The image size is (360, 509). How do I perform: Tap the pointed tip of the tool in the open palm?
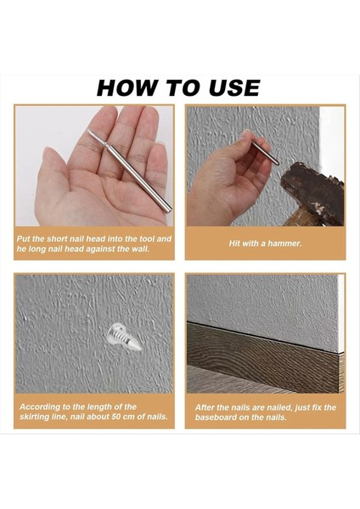(87, 131)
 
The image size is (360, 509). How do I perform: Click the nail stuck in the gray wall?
(124, 337)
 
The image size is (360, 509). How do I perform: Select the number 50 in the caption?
(116, 417)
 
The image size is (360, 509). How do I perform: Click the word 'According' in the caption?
(37, 407)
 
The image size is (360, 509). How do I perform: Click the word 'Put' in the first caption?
(24, 239)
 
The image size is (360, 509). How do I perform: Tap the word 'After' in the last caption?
(204, 407)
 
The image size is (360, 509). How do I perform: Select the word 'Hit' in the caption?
(234, 243)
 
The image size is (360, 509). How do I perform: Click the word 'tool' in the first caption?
(147, 239)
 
